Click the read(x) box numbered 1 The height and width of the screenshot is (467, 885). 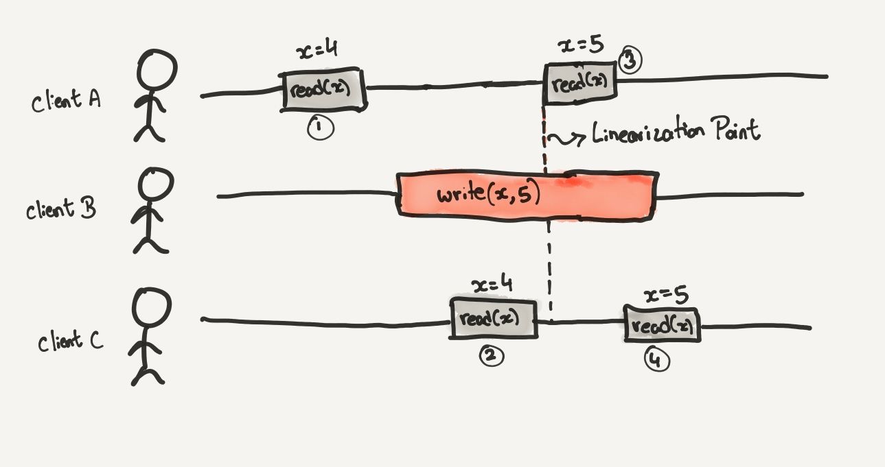(x=323, y=88)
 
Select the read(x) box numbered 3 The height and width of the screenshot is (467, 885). (x=579, y=83)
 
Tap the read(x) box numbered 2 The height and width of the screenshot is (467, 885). (x=494, y=319)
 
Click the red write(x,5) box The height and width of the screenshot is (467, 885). (x=526, y=195)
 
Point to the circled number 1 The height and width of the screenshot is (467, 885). (x=320, y=128)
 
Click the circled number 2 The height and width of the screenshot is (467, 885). (x=492, y=355)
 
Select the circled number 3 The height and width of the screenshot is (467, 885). (x=630, y=60)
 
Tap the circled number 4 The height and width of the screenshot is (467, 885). (x=656, y=360)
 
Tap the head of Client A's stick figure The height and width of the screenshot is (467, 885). (x=157, y=69)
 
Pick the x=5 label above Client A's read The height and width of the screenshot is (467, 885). (x=582, y=46)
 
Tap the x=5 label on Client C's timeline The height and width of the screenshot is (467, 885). (x=666, y=295)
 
